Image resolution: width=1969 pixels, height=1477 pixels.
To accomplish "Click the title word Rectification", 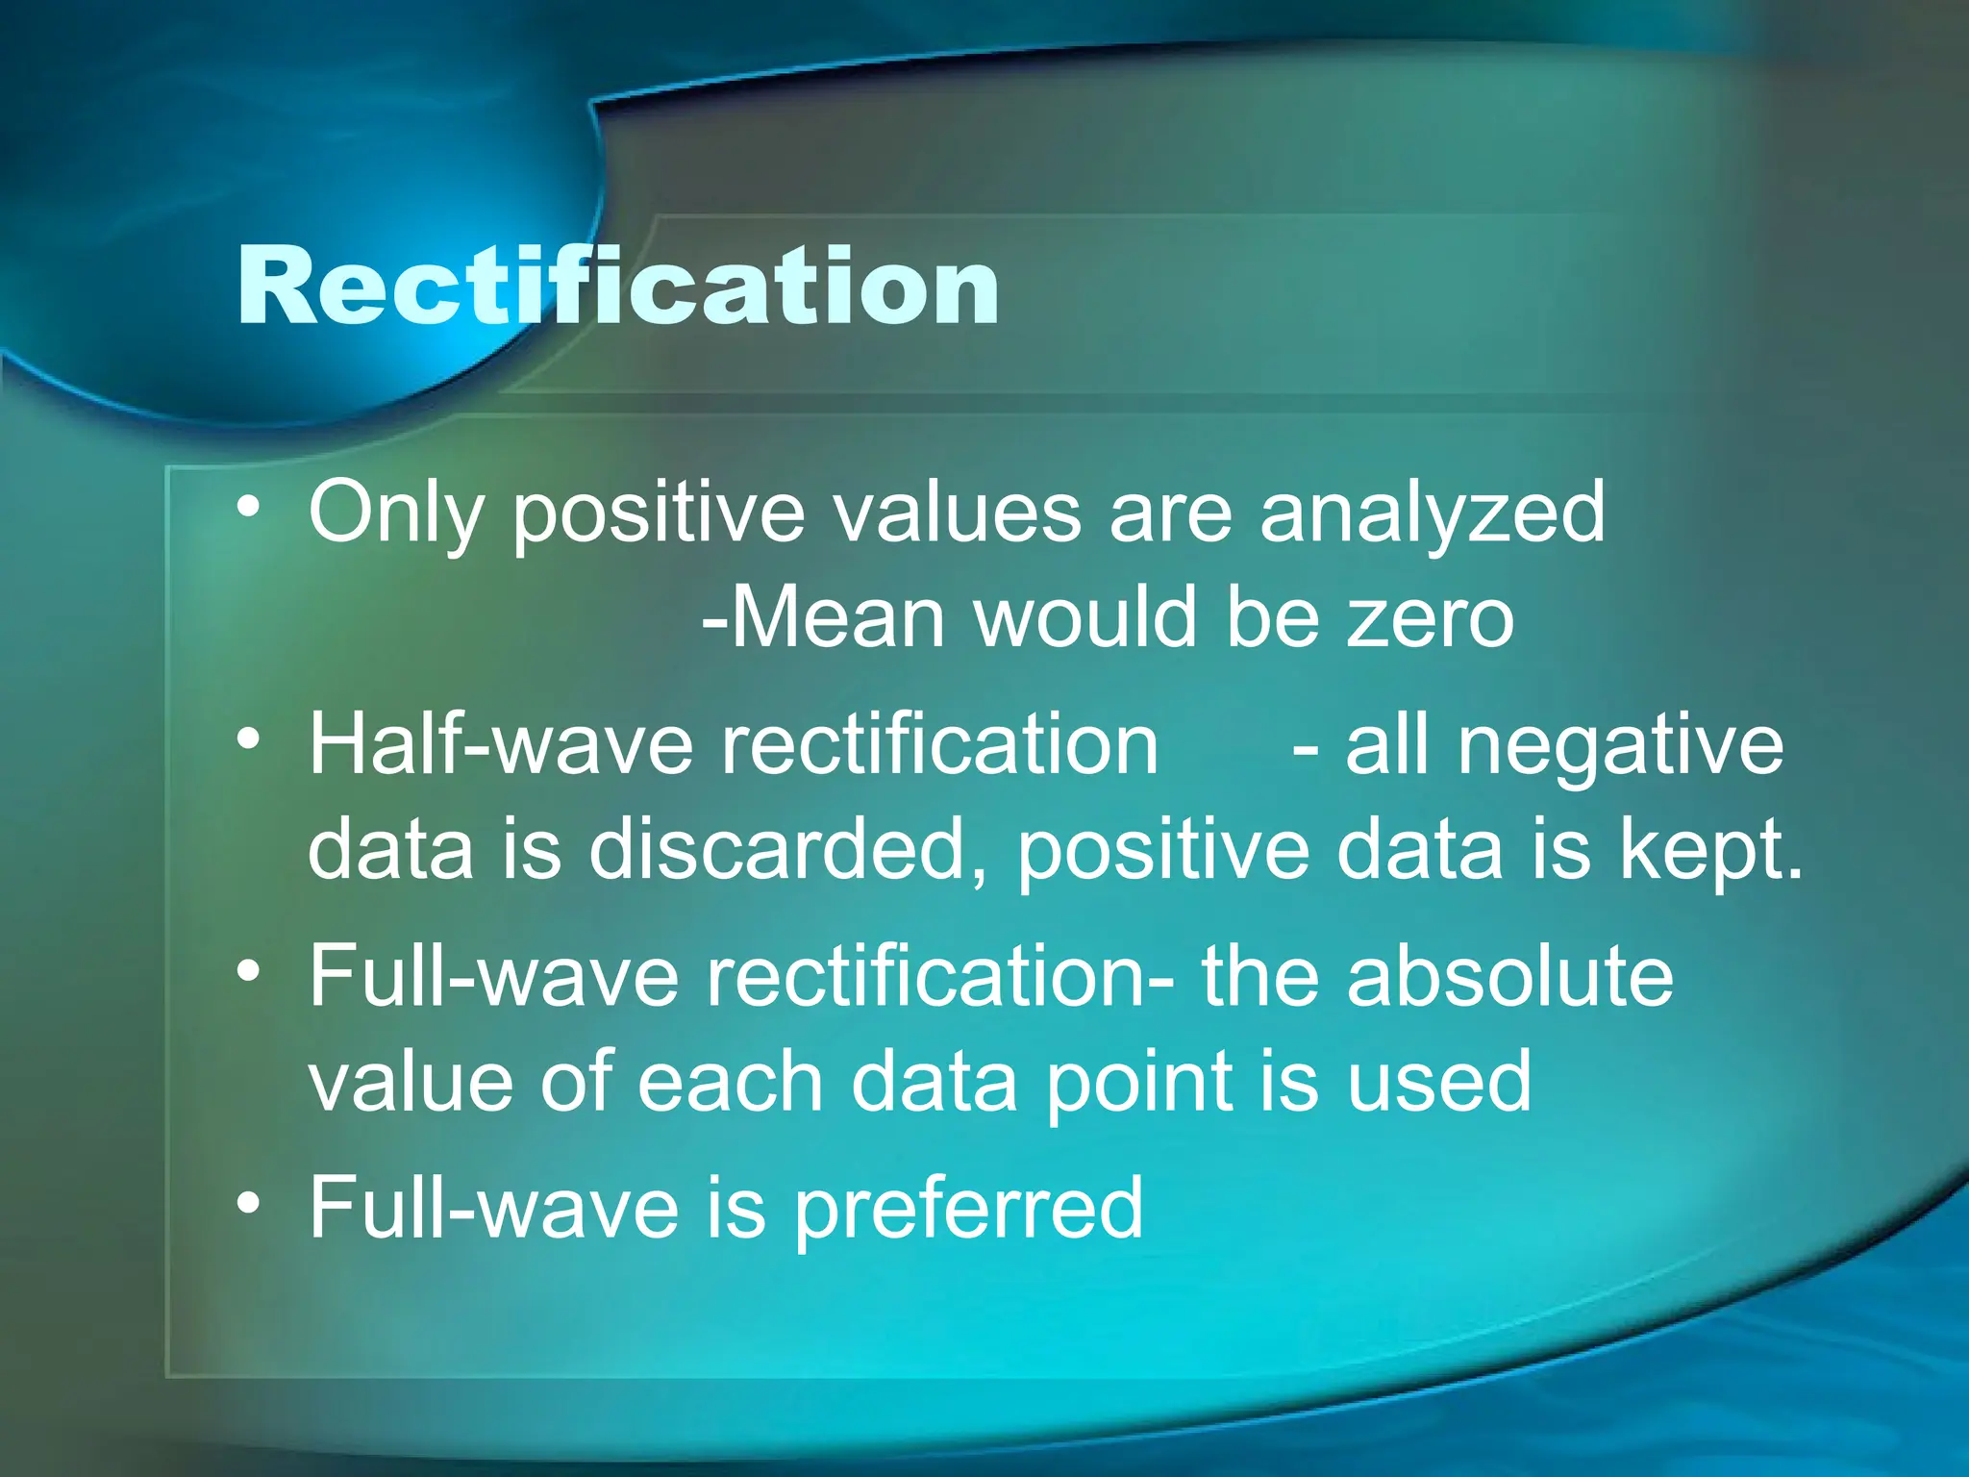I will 618,286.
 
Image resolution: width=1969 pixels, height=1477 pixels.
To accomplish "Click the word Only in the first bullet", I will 396,513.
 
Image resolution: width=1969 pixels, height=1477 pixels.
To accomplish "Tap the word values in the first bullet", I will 957,513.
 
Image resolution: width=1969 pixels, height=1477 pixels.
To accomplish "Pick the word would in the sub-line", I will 1086,617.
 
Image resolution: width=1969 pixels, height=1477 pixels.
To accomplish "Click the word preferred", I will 968,1209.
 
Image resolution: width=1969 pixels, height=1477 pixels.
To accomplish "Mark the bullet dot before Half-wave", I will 249,739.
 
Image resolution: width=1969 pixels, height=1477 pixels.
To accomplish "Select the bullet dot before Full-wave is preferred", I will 249,1202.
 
